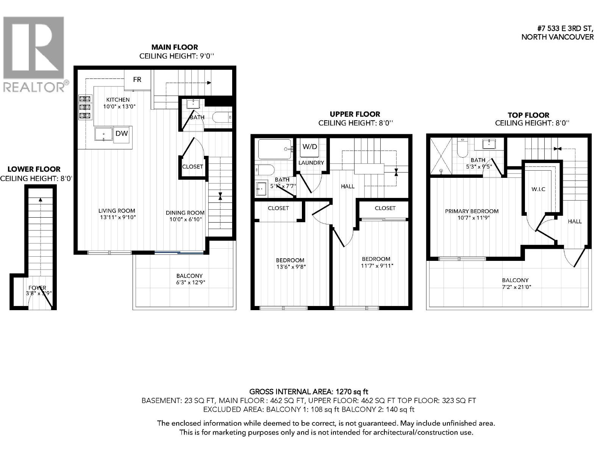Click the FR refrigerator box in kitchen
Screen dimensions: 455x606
tap(137, 80)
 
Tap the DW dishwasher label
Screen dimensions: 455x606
tap(122, 133)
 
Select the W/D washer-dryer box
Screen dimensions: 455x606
tap(310, 147)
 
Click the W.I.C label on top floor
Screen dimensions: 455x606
tap(538, 189)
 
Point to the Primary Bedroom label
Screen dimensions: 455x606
tap(472, 211)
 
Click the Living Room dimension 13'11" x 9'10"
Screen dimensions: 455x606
tap(117, 218)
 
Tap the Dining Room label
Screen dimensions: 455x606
tap(185, 213)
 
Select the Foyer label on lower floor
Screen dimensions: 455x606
tap(37, 288)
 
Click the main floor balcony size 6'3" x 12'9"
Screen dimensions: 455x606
tap(189, 282)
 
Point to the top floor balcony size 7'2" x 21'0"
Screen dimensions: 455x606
tap(515, 287)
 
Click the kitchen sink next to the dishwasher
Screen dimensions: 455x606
tap(103, 134)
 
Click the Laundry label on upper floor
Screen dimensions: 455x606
tap(311, 163)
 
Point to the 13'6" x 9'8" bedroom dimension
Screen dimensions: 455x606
tap(290, 267)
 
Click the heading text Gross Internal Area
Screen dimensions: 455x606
tap(308, 392)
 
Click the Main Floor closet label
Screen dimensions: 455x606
tap(192, 166)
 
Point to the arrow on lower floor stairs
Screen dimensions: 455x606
tap(41, 200)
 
